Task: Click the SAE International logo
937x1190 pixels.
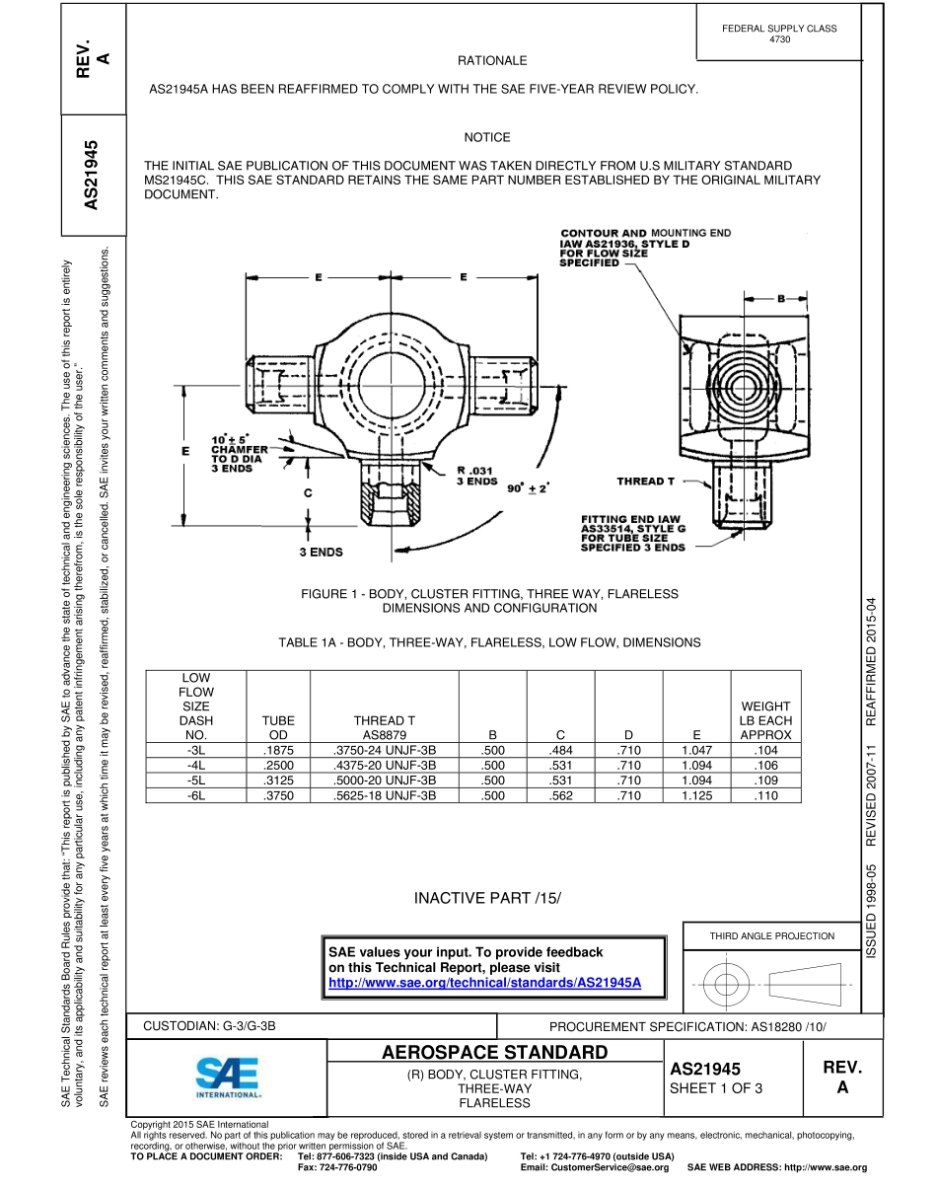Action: (x=228, y=1078)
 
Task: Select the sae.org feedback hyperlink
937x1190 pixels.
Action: (x=484, y=983)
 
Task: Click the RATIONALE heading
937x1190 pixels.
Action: (x=492, y=61)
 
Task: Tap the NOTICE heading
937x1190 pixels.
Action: (x=487, y=137)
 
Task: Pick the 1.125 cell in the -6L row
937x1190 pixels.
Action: (x=696, y=795)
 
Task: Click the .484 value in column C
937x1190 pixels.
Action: (x=558, y=751)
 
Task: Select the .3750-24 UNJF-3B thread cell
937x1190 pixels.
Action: (x=385, y=751)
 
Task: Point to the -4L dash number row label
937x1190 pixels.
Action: (x=195, y=766)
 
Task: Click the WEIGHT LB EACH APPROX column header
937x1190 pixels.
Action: (x=765, y=720)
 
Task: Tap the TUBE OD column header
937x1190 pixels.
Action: (x=278, y=728)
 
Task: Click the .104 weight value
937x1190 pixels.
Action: (x=765, y=751)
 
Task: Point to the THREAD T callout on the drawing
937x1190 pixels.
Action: (x=646, y=481)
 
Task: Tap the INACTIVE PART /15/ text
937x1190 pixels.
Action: (x=486, y=898)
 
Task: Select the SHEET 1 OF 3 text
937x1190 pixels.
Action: (x=716, y=1088)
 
